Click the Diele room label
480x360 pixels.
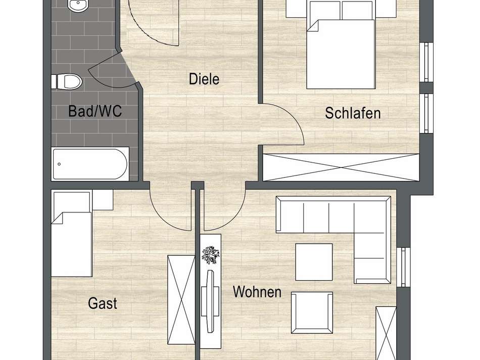click(204, 79)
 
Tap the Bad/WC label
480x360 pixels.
click(95, 111)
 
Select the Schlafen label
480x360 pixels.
click(353, 113)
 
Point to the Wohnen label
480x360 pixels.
click(257, 292)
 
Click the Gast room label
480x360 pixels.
click(103, 303)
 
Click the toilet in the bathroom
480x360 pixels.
click(67, 81)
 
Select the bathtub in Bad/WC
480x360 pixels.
click(90, 164)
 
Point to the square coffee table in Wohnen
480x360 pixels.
click(314, 261)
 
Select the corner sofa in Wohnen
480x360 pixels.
click(354, 222)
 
